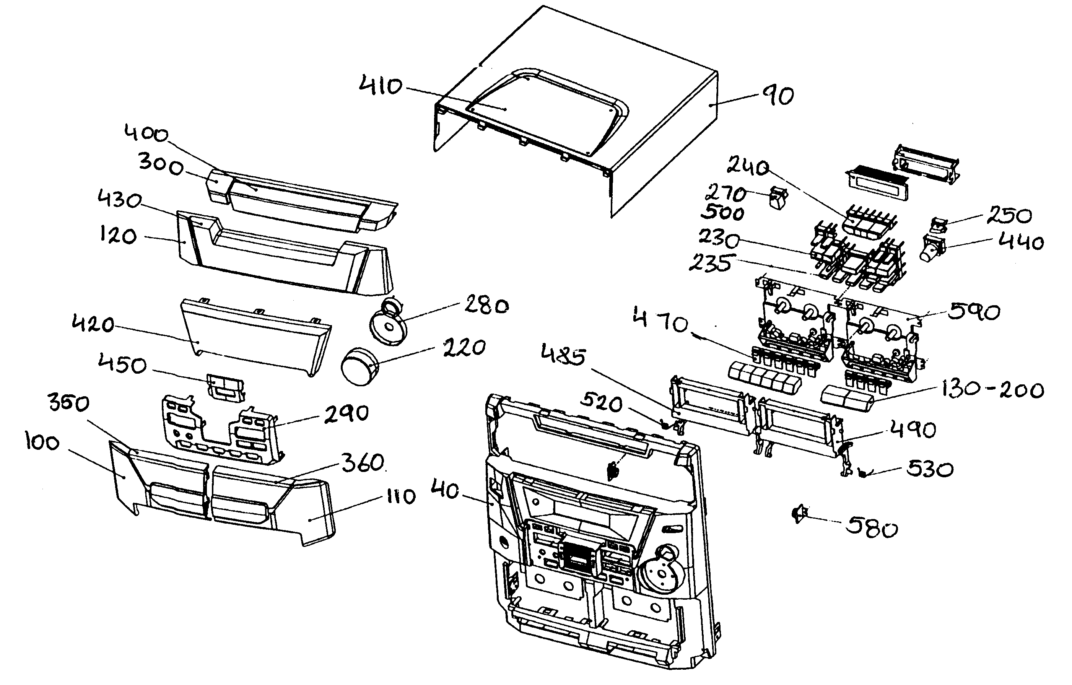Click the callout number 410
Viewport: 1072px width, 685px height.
pos(381,86)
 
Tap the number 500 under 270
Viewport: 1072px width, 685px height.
pos(722,213)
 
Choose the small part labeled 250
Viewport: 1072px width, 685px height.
pos(937,225)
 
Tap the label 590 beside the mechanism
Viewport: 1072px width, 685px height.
pos(974,312)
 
